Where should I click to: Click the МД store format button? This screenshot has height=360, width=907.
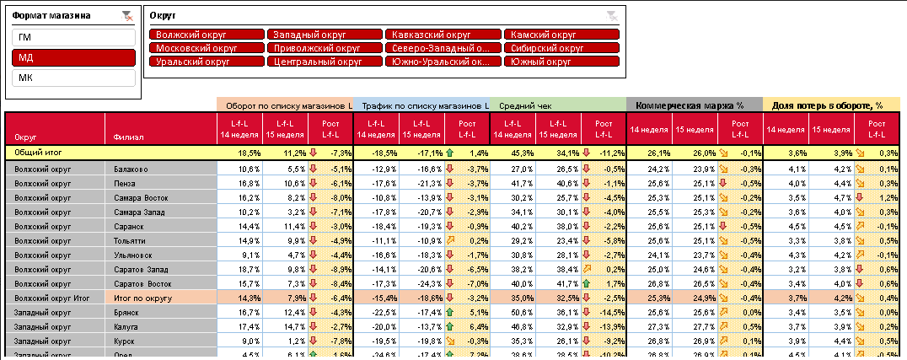73,57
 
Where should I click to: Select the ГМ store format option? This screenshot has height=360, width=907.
73,37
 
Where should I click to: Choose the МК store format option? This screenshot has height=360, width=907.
73,78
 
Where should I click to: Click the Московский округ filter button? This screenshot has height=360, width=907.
206,48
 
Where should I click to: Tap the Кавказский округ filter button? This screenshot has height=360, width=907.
443,35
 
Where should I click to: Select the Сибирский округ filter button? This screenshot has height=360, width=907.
562,48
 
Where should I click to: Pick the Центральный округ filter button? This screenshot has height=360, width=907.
325,62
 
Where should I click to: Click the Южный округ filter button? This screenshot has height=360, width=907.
562,62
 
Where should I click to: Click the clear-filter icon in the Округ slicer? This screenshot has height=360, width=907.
612,15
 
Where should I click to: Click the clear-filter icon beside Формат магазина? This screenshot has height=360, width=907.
127,15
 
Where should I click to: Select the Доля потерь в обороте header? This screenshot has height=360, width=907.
831,105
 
